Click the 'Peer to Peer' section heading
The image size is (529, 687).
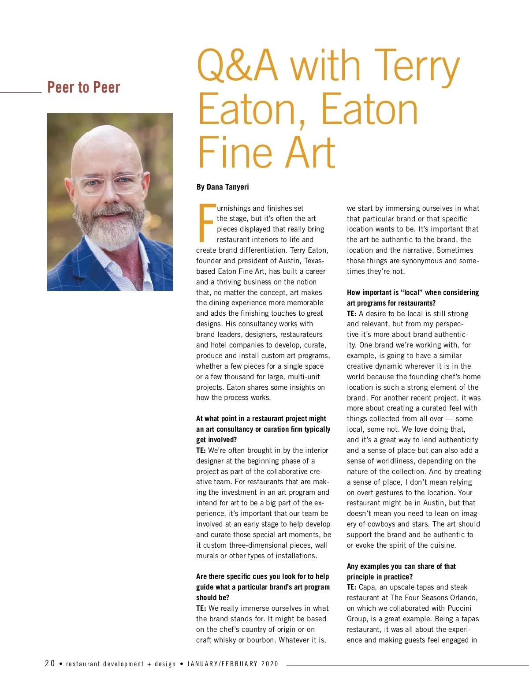click(83, 87)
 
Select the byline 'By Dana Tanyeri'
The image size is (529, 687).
click(223, 187)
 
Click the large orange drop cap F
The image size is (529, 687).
click(206, 223)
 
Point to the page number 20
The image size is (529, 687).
click(50, 663)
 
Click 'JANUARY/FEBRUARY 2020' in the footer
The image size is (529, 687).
click(233, 664)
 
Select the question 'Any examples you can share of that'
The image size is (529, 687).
click(401, 566)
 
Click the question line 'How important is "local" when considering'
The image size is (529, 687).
click(413, 292)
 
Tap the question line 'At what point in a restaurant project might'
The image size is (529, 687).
click(261, 418)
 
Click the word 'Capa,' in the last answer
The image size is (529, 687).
click(368, 587)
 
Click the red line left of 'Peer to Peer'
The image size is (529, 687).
click(21, 92)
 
